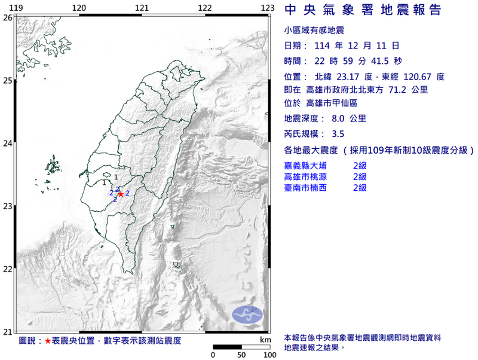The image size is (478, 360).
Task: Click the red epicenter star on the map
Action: click(121, 194)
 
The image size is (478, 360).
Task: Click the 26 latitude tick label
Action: click(8, 17)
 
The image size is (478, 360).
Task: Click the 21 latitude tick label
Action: click(8, 332)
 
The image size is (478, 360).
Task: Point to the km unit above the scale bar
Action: click(265, 340)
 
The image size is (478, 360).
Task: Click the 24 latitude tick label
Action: click(8, 143)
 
